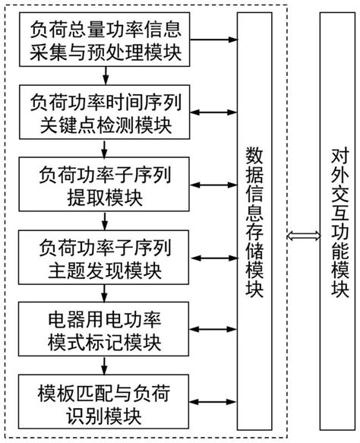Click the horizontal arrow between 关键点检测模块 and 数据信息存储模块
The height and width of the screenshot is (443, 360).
click(x=216, y=112)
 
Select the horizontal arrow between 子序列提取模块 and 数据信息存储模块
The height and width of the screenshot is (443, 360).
click(x=216, y=185)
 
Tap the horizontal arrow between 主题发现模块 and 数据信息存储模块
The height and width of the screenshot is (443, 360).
click(x=216, y=257)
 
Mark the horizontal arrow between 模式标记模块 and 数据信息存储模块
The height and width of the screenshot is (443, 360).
click(x=216, y=328)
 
